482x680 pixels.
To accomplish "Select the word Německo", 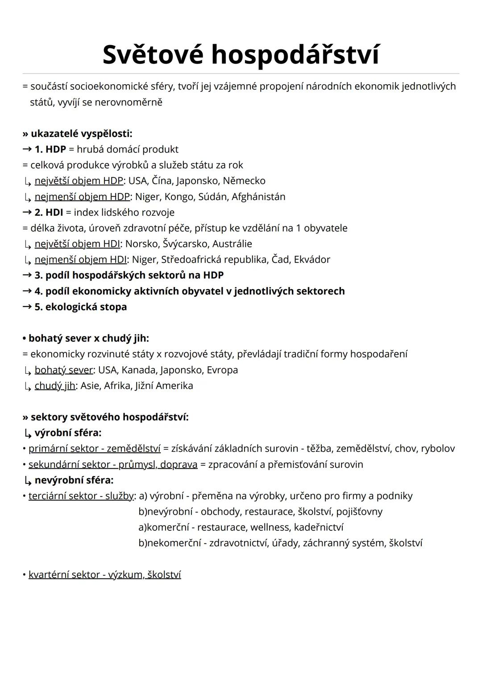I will pyautogui.click(x=244, y=181).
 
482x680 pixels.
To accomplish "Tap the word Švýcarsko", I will pyautogui.click(x=185, y=244).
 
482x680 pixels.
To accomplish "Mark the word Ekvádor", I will pyautogui.click(x=312, y=259).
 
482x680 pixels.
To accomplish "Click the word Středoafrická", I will pyautogui.click(x=191, y=259).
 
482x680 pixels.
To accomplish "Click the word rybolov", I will pyautogui.click(x=438, y=448).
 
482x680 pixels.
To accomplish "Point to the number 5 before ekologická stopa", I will pyautogui.click(x=37, y=307).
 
